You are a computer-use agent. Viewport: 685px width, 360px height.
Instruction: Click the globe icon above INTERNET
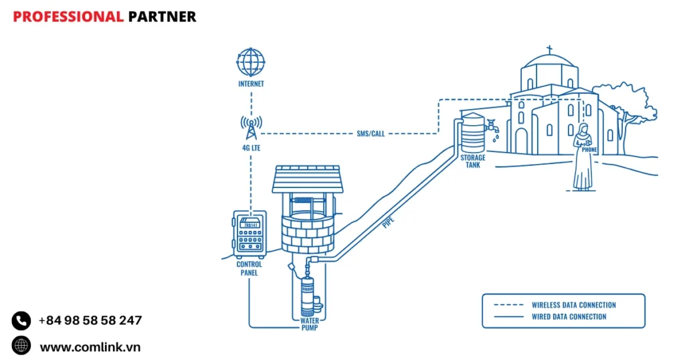251,62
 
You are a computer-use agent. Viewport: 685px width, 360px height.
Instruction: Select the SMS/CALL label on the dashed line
370,133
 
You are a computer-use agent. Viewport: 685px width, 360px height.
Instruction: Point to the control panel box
249,234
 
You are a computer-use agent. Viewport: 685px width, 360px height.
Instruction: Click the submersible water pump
308,294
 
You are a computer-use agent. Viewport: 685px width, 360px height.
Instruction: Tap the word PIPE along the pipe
387,222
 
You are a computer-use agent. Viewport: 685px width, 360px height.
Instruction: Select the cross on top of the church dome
549,50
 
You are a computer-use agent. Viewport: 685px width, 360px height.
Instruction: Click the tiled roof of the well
307,179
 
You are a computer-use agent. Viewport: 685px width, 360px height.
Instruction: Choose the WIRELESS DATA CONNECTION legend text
573,305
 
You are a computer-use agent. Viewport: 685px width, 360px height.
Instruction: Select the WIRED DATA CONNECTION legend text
569,317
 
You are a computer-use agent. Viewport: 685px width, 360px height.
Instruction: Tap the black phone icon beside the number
21,321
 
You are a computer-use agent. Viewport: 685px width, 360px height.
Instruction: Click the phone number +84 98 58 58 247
90,321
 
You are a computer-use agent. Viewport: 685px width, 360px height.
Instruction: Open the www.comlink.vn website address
90,346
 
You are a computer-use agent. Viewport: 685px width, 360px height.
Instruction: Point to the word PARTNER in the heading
162,17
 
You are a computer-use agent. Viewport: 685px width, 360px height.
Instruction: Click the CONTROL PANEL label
249,268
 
